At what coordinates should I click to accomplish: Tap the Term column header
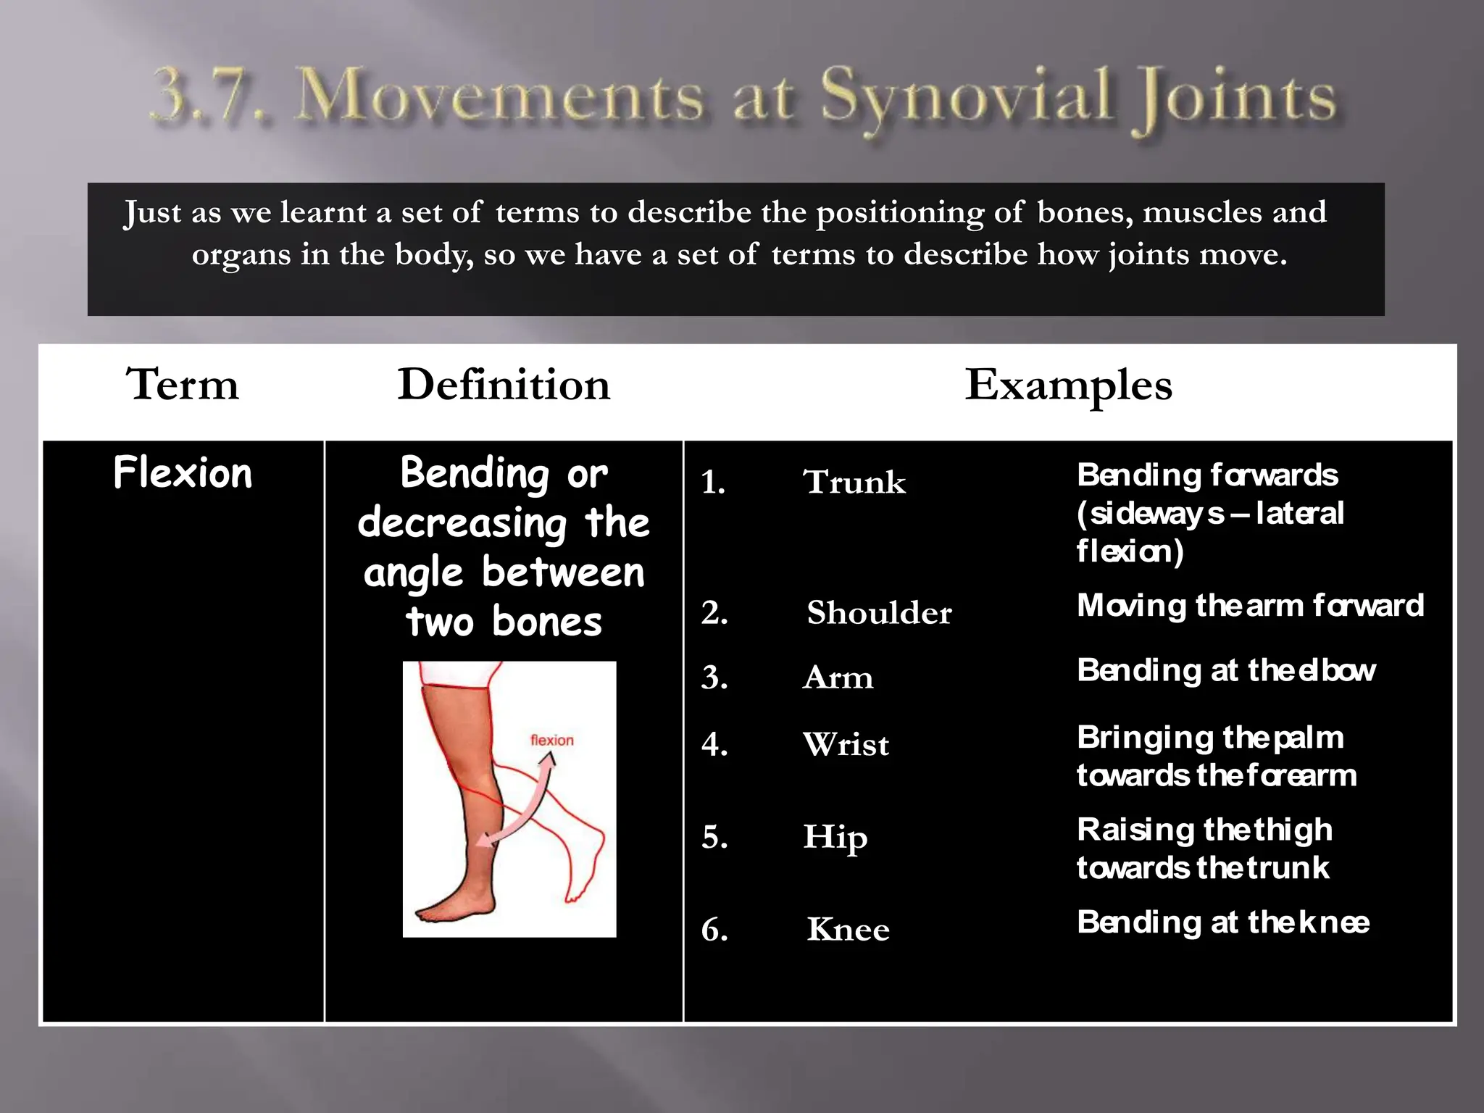coord(182,384)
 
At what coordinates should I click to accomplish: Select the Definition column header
coord(504,384)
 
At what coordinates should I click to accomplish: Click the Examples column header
coord(1068,384)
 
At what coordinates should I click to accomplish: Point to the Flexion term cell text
coord(183,473)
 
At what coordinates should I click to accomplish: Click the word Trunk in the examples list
coord(854,482)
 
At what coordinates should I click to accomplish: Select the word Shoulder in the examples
coord(879,613)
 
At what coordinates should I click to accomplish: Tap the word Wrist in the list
coord(846,744)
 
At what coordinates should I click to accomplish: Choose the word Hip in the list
coord(835,837)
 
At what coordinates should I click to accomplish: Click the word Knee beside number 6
coord(848,930)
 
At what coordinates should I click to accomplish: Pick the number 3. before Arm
coord(714,678)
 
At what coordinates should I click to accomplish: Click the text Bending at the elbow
coord(1225,670)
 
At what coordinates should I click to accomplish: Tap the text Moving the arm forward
coord(1250,605)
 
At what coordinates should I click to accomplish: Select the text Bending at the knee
coord(1222,922)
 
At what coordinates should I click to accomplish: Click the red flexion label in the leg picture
coord(551,740)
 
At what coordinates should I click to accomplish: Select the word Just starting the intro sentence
coord(152,213)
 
